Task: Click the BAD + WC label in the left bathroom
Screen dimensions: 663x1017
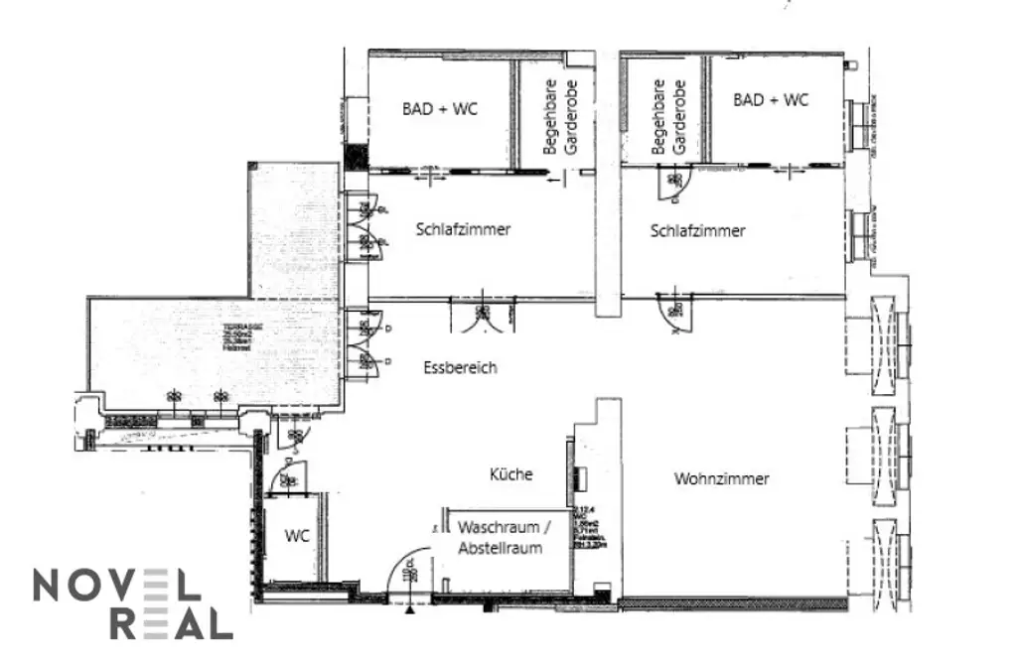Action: [439, 109]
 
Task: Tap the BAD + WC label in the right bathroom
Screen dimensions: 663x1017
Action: [771, 100]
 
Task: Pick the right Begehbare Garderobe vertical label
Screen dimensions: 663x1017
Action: [669, 117]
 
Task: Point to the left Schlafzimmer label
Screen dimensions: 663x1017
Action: [463, 229]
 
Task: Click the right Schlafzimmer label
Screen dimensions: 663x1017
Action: [697, 231]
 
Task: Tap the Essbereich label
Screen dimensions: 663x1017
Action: [460, 367]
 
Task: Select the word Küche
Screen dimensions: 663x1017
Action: [510, 474]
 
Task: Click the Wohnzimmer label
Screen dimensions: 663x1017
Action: [722, 478]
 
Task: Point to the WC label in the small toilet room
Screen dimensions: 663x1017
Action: [297, 536]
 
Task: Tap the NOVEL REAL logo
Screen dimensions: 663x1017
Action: [132, 604]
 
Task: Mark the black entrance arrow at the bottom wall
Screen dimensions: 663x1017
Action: [408, 608]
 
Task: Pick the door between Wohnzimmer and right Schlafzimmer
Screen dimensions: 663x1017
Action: [676, 314]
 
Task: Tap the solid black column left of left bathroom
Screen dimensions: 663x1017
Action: [358, 157]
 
